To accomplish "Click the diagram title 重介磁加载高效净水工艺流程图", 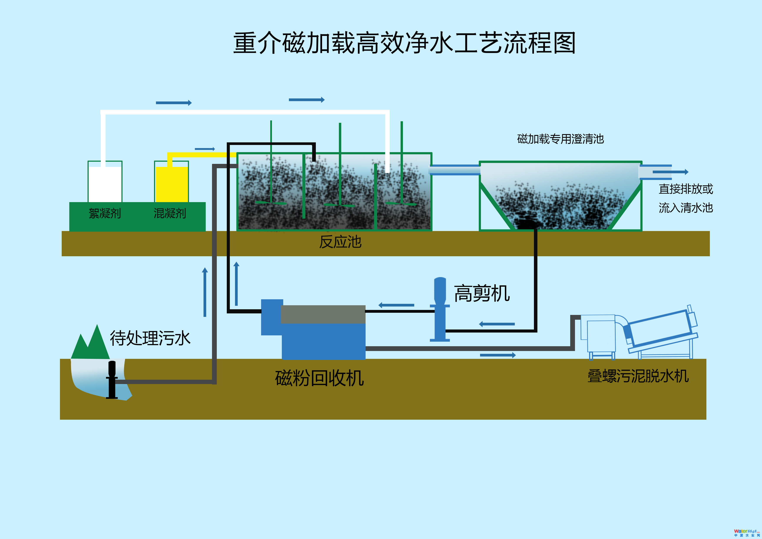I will click(x=404, y=43).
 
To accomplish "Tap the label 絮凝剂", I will click(x=105, y=213).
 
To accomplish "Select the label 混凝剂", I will click(x=170, y=213).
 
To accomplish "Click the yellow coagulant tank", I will click(x=172, y=184).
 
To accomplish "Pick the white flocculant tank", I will click(x=105, y=184).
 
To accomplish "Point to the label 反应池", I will click(x=340, y=242).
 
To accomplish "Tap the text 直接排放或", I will click(x=686, y=189).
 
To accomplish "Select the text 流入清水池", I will click(x=686, y=208).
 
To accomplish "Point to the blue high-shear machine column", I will click(x=440, y=309).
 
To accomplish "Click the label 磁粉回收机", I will click(x=319, y=378).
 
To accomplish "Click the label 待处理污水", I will click(x=150, y=338).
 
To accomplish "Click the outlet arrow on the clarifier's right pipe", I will click(x=670, y=172).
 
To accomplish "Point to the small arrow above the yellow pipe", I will click(x=205, y=149).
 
